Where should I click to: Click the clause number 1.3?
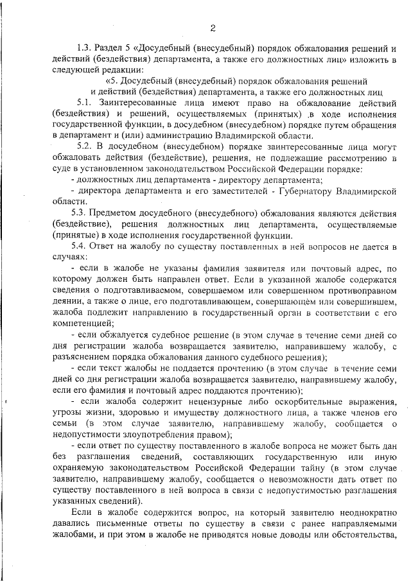(85, 48)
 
